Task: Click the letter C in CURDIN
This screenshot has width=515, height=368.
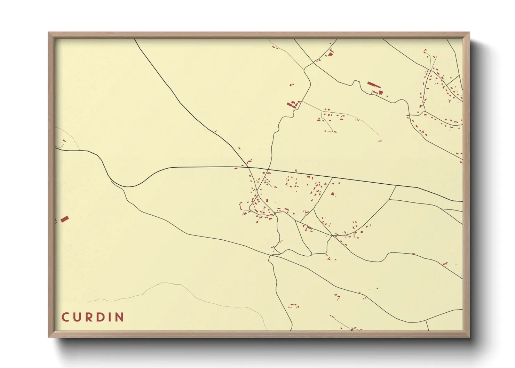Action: click(x=65, y=317)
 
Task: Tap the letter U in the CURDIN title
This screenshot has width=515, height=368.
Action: click(x=77, y=317)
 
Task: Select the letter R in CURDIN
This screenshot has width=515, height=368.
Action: click(x=89, y=317)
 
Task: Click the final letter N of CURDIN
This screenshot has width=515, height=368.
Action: click(x=119, y=317)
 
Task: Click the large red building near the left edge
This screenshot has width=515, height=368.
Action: click(x=64, y=219)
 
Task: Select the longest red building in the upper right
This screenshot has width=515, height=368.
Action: click(x=374, y=85)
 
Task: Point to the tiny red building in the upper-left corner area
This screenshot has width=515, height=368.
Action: click(x=64, y=141)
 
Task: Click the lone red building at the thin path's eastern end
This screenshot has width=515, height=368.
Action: click(x=380, y=141)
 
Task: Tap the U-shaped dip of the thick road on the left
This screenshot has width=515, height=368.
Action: click(x=129, y=186)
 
